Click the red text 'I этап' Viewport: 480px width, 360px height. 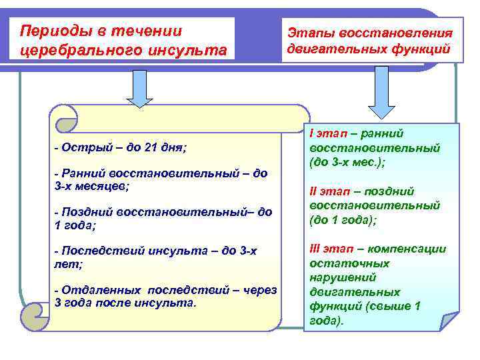(327, 133)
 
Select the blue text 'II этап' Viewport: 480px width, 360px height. (329, 191)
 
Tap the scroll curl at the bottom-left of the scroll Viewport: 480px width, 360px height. (35, 313)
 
